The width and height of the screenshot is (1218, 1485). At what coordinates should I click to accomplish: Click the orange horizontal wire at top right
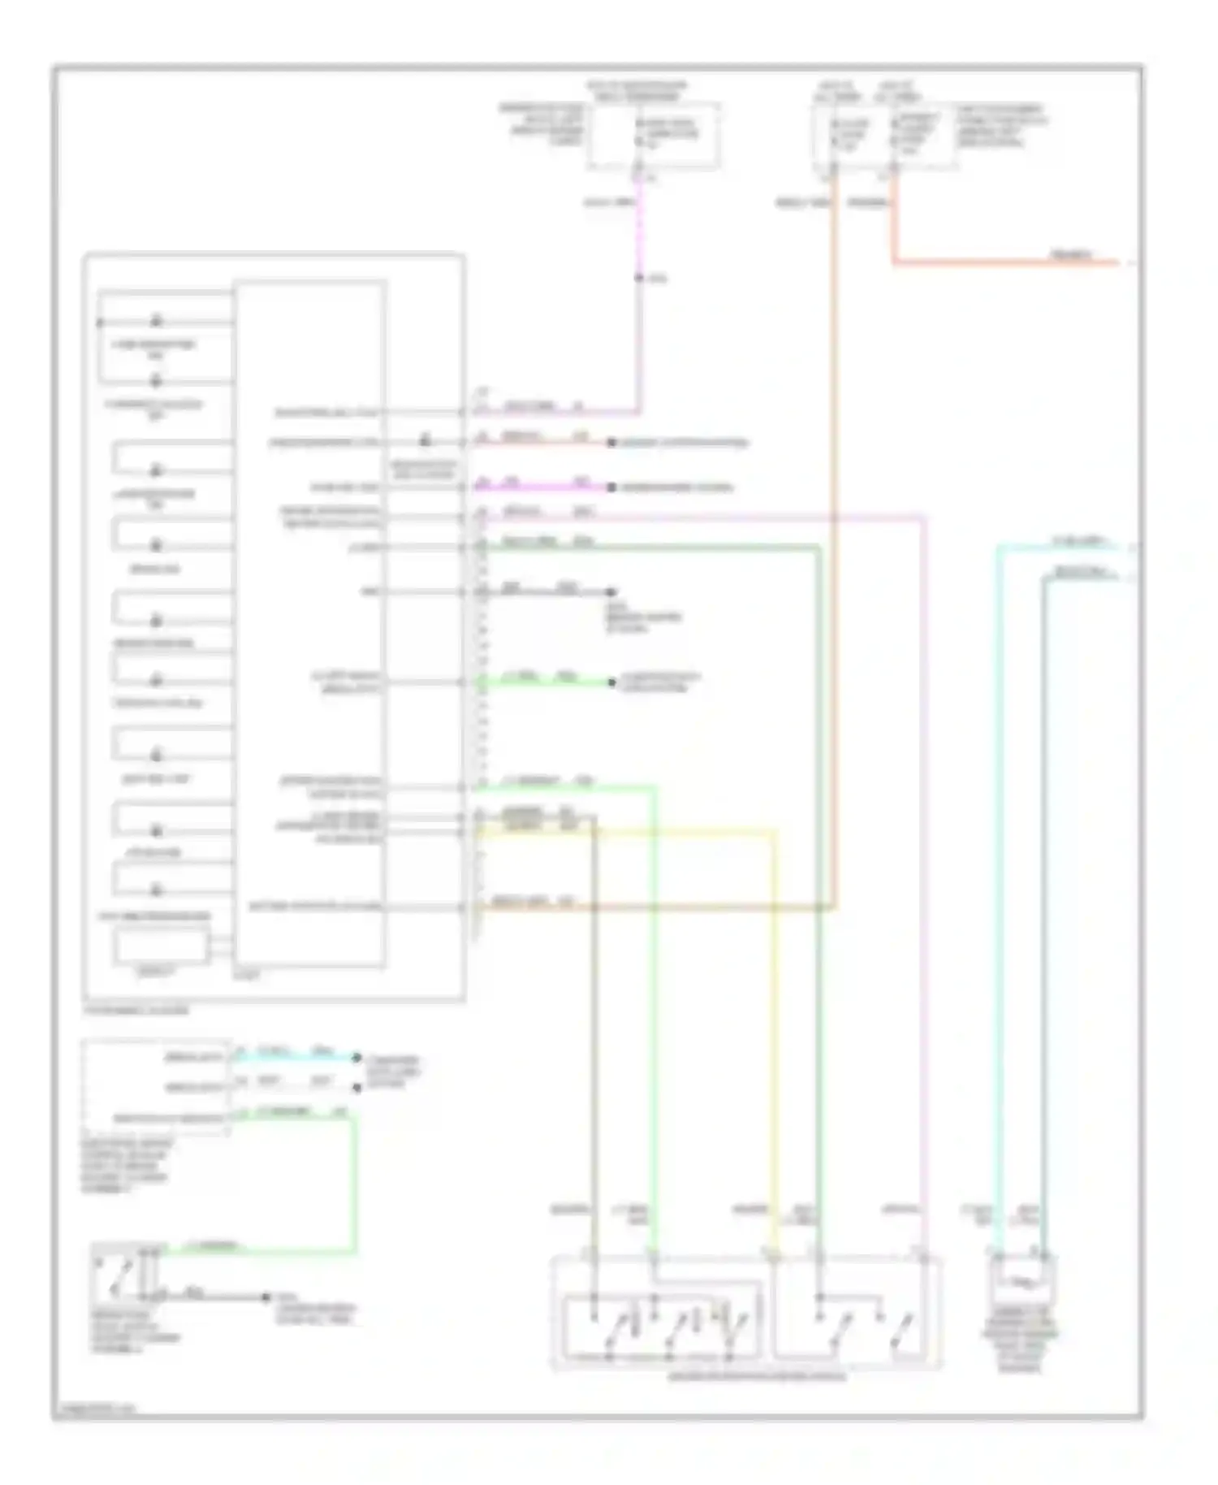click(1007, 262)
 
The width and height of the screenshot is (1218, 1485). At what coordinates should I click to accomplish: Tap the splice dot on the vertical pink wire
click(639, 279)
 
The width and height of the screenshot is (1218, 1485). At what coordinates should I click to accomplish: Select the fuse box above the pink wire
click(654, 136)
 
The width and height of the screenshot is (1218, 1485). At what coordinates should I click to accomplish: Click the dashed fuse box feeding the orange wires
click(885, 136)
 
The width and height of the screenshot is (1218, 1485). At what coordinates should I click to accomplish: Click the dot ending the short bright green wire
click(612, 682)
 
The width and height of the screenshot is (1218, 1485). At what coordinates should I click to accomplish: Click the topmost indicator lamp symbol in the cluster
click(157, 321)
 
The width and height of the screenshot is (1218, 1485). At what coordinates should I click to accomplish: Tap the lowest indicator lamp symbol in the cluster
click(157, 831)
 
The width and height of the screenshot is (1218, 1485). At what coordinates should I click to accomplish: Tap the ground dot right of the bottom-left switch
click(266, 1297)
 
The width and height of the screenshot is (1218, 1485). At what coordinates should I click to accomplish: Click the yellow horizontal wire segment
click(633, 831)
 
